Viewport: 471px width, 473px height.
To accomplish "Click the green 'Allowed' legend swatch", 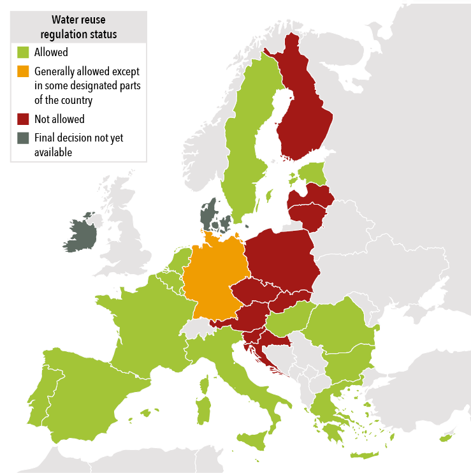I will click(23, 52).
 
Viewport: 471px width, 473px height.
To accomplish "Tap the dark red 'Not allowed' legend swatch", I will click(23, 119).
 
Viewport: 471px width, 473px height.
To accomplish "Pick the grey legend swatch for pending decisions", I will click(23, 138).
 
